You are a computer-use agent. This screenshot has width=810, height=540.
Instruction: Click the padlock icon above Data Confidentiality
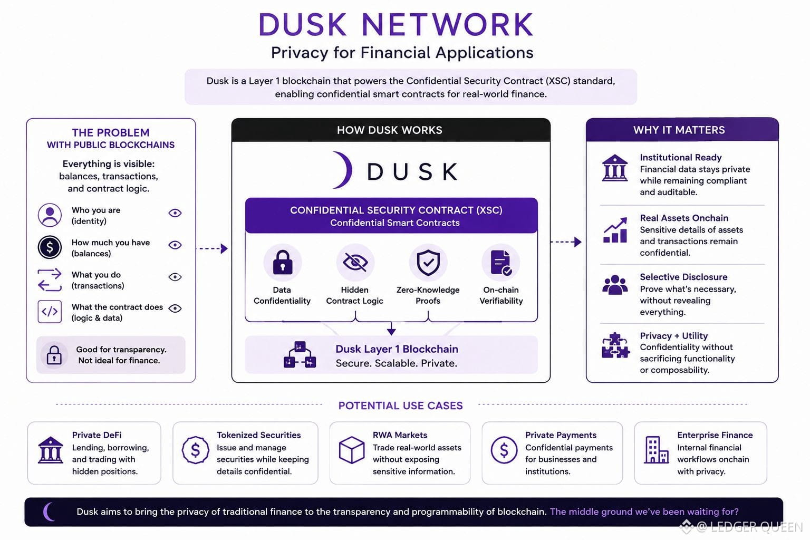283,262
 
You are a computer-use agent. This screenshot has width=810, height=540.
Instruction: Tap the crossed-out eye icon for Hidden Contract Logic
355,262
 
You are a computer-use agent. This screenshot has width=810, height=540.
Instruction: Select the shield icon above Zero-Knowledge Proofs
428,263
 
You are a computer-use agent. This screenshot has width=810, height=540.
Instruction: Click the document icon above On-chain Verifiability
501,263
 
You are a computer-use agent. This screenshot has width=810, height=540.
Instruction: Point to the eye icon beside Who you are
175,213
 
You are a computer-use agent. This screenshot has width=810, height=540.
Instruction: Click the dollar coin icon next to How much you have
50,247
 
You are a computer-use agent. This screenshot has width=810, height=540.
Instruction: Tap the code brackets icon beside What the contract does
50,312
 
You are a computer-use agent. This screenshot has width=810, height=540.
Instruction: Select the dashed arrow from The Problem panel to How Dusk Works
211,248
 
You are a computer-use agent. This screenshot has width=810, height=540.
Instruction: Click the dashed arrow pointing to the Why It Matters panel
565,242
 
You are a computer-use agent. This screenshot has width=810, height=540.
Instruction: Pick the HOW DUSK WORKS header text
390,130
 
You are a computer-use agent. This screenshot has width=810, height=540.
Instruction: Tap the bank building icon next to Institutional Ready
615,168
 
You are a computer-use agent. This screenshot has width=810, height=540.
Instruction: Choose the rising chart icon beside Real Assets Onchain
615,230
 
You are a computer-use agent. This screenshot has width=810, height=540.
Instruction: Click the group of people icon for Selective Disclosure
615,285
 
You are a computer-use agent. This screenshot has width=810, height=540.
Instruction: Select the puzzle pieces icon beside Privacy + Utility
615,345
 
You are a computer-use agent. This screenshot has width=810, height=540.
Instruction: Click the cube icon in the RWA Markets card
352,450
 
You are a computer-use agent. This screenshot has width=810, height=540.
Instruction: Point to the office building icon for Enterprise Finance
656,450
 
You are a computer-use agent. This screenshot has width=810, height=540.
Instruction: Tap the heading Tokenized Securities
258,435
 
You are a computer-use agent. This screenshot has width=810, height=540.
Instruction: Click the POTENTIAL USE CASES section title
400,406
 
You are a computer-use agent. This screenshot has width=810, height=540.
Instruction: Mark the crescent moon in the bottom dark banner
48,512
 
